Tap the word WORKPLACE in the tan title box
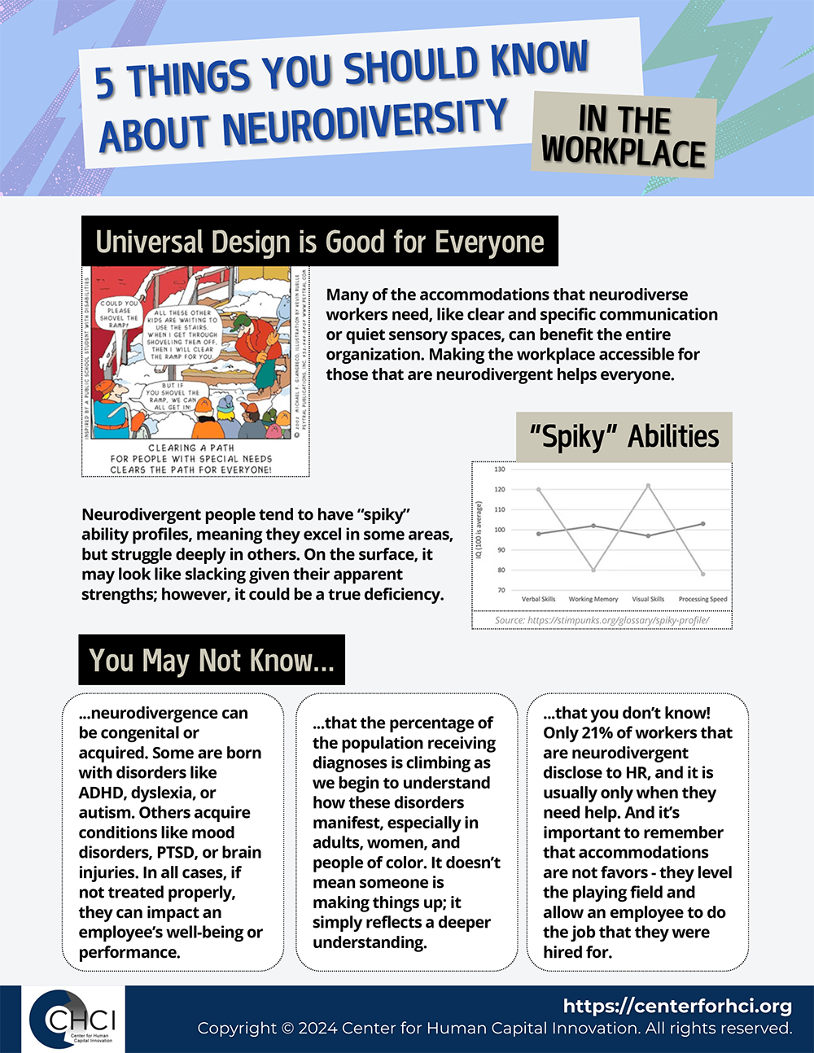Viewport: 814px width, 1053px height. (x=624, y=153)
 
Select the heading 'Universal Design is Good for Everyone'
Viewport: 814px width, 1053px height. (x=320, y=242)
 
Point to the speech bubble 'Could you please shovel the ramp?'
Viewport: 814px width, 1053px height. (x=118, y=314)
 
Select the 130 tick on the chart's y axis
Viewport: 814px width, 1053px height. (x=499, y=470)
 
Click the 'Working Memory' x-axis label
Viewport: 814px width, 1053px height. (x=593, y=599)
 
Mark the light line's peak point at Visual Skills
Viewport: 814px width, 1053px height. (x=648, y=486)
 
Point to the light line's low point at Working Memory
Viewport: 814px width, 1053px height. (x=593, y=570)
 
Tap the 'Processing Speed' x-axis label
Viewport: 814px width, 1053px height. (x=702, y=599)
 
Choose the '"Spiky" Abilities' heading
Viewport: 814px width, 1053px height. (x=624, y=437)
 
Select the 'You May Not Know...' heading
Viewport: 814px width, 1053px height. (x=212, y=660)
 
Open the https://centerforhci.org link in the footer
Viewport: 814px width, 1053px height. (x=677, y=1006)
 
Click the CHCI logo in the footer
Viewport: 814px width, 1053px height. (x=73, y=1020)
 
